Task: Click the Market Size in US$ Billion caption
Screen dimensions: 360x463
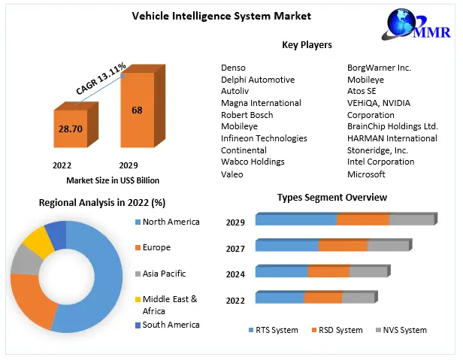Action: point(113,180)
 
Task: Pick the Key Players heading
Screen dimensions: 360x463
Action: point(307,45)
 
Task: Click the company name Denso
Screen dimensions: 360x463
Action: point(233,68)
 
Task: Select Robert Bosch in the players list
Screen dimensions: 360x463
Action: point(247,115)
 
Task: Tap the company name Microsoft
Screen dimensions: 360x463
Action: point(365,174)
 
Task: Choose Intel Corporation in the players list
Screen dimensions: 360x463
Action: point(380,162)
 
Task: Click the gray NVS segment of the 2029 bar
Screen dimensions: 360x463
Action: point(411,220)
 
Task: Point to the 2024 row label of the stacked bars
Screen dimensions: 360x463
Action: point(235,274)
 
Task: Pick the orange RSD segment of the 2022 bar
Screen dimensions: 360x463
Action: point(322,298)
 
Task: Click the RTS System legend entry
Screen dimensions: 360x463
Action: point(275,330)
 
